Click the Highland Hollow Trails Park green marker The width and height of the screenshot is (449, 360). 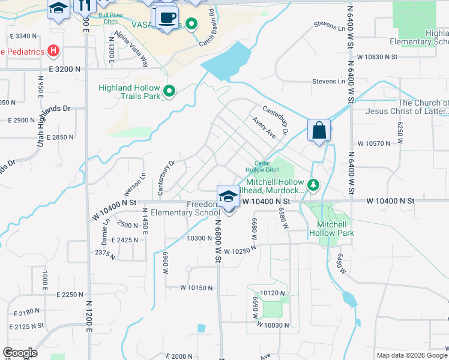[x=169, y=91]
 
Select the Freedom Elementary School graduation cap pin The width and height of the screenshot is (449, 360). [x=228, y=196]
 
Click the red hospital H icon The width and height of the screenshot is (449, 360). [x=54, y=50]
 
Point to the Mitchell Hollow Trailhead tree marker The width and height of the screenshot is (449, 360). [x=312, y=185]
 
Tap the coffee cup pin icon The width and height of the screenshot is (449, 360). [x=167, y=16]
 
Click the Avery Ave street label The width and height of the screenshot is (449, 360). [x=264, y=128]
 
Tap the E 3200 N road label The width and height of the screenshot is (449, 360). [x=61, y=69]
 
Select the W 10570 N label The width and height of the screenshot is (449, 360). [x=374, y=143]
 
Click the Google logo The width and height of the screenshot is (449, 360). [x=20, y=353]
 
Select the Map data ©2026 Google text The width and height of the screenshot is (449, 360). [x=411, y=355]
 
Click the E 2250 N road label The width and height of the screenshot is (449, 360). [x=70, y=295]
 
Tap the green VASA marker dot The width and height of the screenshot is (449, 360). [x=191, y=25]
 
